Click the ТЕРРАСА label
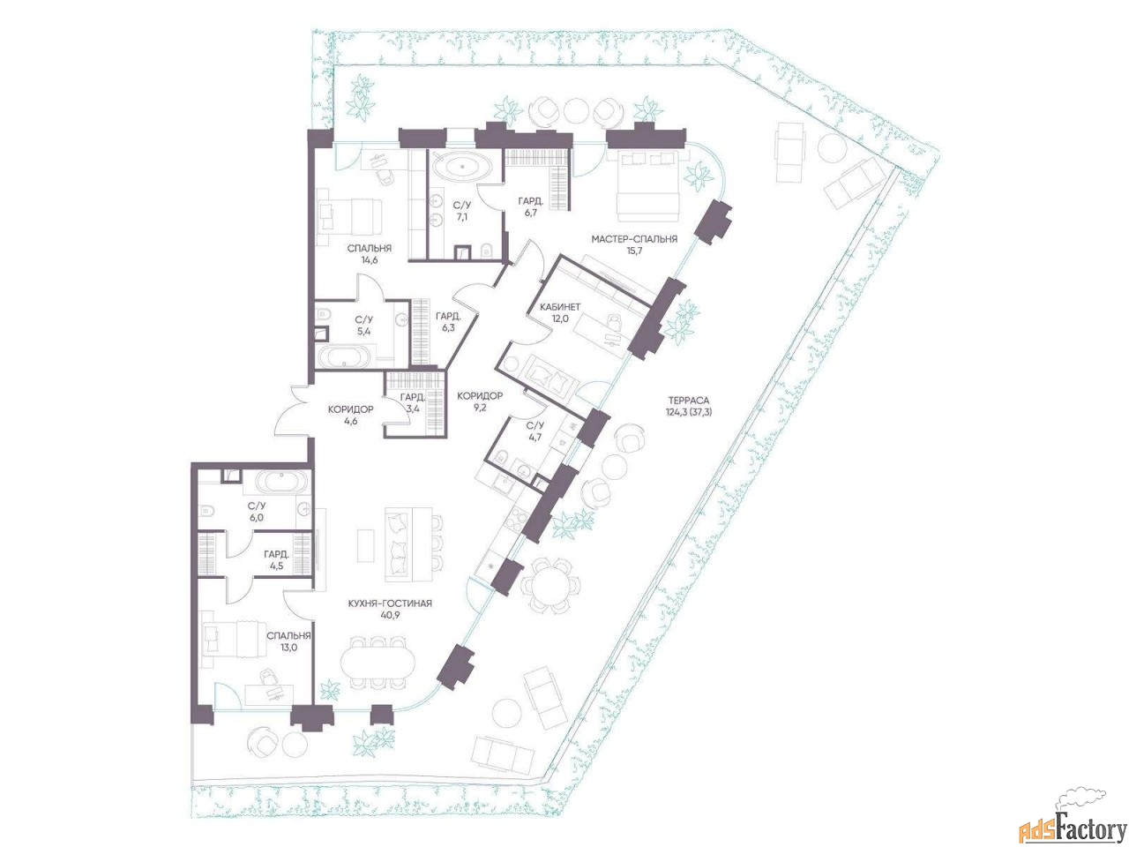[x=689, y=400]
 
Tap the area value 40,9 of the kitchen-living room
[x=390, y=616]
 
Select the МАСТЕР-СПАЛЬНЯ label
[x=634, y=239]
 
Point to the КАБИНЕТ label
[x=560, y=306]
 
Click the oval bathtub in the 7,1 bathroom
[x=461, y=166]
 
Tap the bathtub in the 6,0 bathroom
[x=280, y=483]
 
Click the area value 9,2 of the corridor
[x=479, y=408]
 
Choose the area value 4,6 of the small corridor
[x=350, y=421]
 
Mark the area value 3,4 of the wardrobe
[x=413, y=409]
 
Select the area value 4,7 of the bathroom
[x=535, y=437]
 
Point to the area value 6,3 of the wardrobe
[x=448, y=327]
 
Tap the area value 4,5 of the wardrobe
[x=277, y=566]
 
